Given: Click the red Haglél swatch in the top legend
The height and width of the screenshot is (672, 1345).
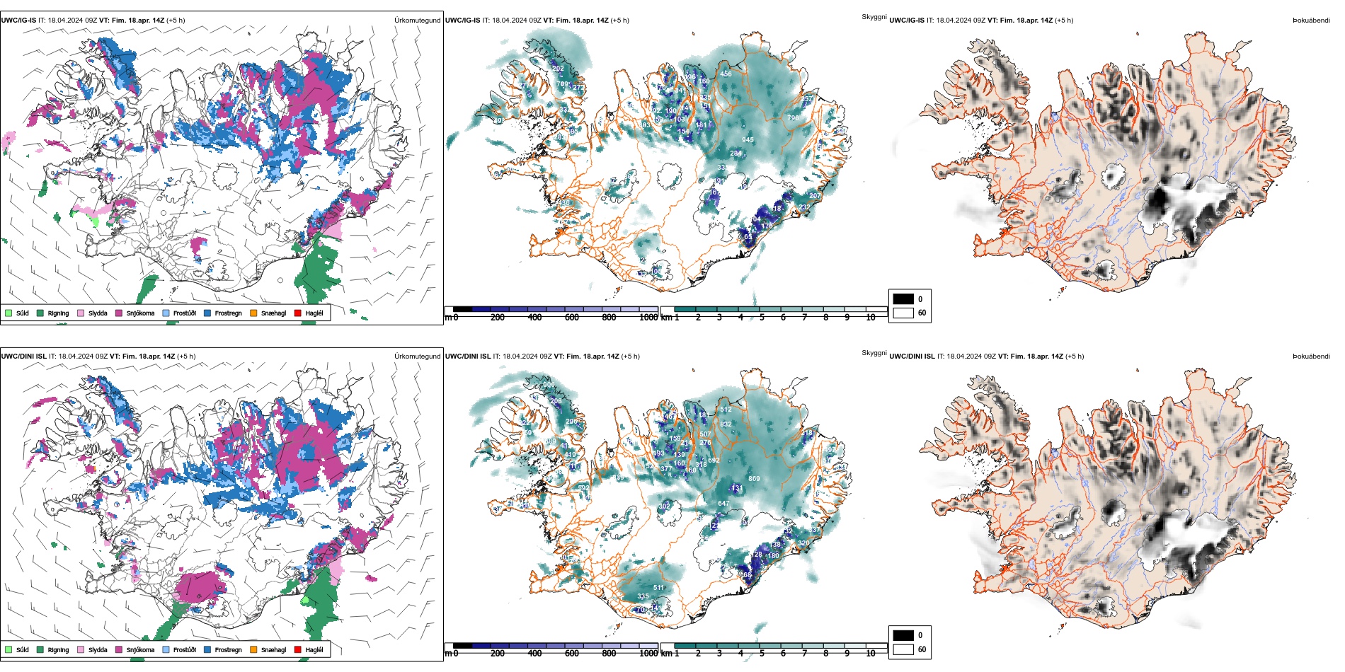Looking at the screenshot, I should pos(297,313).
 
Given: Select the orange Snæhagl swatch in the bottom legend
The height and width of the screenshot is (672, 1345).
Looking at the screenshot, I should pos(253,649).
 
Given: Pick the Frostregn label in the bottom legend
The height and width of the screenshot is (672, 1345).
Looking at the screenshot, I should pos(228,649).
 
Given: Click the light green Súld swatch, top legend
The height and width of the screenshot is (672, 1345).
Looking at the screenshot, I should pos(8,313).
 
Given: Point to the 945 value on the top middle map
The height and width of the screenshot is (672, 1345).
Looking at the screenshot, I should pos(748,140).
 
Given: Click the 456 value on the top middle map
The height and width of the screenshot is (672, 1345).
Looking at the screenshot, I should pos(726,74).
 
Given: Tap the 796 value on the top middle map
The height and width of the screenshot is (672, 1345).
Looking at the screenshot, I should pos(794,118).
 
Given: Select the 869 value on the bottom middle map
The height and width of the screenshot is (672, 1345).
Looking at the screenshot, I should pos(754,479).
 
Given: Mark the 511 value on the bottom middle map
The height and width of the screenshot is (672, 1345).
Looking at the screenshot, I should pos(658,588).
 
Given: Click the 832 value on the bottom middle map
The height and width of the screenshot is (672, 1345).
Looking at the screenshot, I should pos(726,424).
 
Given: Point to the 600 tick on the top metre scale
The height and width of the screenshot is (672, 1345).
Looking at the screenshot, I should pos(572,318).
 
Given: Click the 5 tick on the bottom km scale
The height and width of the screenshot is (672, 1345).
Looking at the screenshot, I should pos(762,654).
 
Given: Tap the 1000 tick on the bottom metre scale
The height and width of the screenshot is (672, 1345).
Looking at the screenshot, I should pos(648,654).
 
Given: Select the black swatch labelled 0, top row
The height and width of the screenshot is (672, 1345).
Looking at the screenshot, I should pos(903,299).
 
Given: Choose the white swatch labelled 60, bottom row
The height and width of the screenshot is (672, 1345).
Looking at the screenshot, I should pos(903,649).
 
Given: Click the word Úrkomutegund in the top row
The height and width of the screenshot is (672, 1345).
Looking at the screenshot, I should pos(417,21).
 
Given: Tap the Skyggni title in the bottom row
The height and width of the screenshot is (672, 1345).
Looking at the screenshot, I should pos(874,352).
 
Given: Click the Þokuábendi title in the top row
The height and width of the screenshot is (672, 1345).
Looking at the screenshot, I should pos(1311,21).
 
